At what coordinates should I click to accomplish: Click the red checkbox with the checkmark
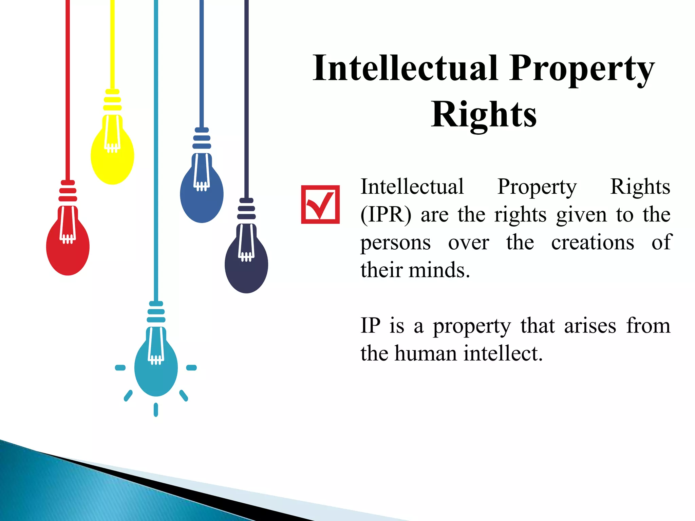(320, 205)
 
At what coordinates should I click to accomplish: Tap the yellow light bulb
(112, 156)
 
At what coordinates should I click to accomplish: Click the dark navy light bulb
(246, 265)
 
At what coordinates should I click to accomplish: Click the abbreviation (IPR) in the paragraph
(386, 215)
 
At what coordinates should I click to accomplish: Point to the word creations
(593, 243)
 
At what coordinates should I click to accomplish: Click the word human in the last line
(426, 353)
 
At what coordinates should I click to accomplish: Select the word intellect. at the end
(503, 353)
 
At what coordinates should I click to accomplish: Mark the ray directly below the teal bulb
(156, 409)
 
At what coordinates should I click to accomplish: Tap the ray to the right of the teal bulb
(191, 368)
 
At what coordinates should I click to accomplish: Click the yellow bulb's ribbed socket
(112, 100)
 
